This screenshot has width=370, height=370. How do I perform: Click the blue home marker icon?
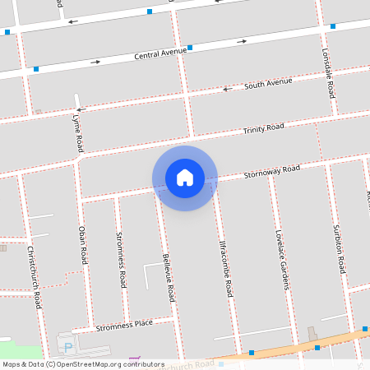click(185, 177)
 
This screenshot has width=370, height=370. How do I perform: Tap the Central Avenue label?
click(160, 55)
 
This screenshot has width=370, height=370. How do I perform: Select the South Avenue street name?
click(268, 84)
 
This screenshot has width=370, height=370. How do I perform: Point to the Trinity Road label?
click(263, 128)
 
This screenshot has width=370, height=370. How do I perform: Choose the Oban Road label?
click(82, 244)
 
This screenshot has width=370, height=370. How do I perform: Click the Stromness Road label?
click(121, 260)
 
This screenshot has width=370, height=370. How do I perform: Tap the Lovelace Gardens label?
click(284, 259)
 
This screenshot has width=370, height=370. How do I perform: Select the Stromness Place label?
click(124, 325)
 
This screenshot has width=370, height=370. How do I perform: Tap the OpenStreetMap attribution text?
click(82, 364)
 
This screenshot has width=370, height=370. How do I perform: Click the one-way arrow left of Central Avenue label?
click(95, 62)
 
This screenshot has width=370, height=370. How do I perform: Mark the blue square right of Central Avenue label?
click(190, 48)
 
